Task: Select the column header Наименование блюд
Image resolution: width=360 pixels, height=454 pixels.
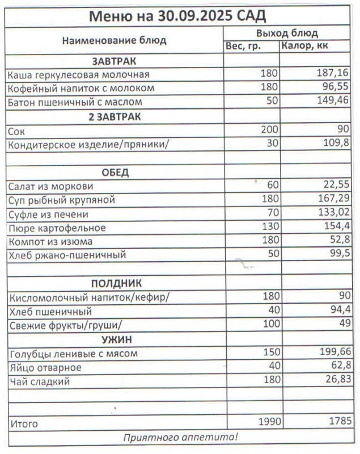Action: (114, 40)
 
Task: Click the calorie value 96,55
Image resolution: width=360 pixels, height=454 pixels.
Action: (336, 88)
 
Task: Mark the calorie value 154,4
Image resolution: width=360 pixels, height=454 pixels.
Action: (336, 228)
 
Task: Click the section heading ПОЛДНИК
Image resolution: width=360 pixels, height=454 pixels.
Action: (116, 283)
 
